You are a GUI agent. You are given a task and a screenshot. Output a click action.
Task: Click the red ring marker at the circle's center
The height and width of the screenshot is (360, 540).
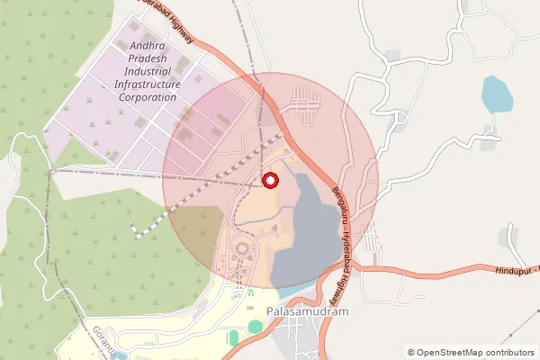coord(270,180)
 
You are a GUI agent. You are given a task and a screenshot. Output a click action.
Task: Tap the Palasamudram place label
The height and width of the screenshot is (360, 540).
coord(308,313)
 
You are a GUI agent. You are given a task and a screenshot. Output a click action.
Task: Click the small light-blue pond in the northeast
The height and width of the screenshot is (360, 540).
coord(495,94)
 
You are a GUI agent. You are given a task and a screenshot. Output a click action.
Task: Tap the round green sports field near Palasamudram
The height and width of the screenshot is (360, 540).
coord(256,327)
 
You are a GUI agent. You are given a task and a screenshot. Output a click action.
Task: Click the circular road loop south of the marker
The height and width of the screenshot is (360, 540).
coord(242,247)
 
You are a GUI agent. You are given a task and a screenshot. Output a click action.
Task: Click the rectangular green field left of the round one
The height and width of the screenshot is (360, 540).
coord(234,338)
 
